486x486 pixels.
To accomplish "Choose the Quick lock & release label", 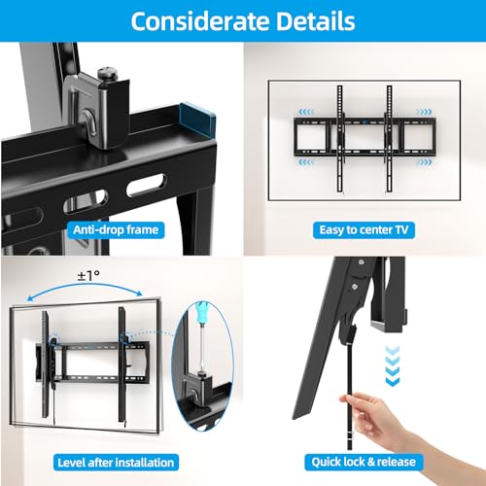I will tap(364, 463).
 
